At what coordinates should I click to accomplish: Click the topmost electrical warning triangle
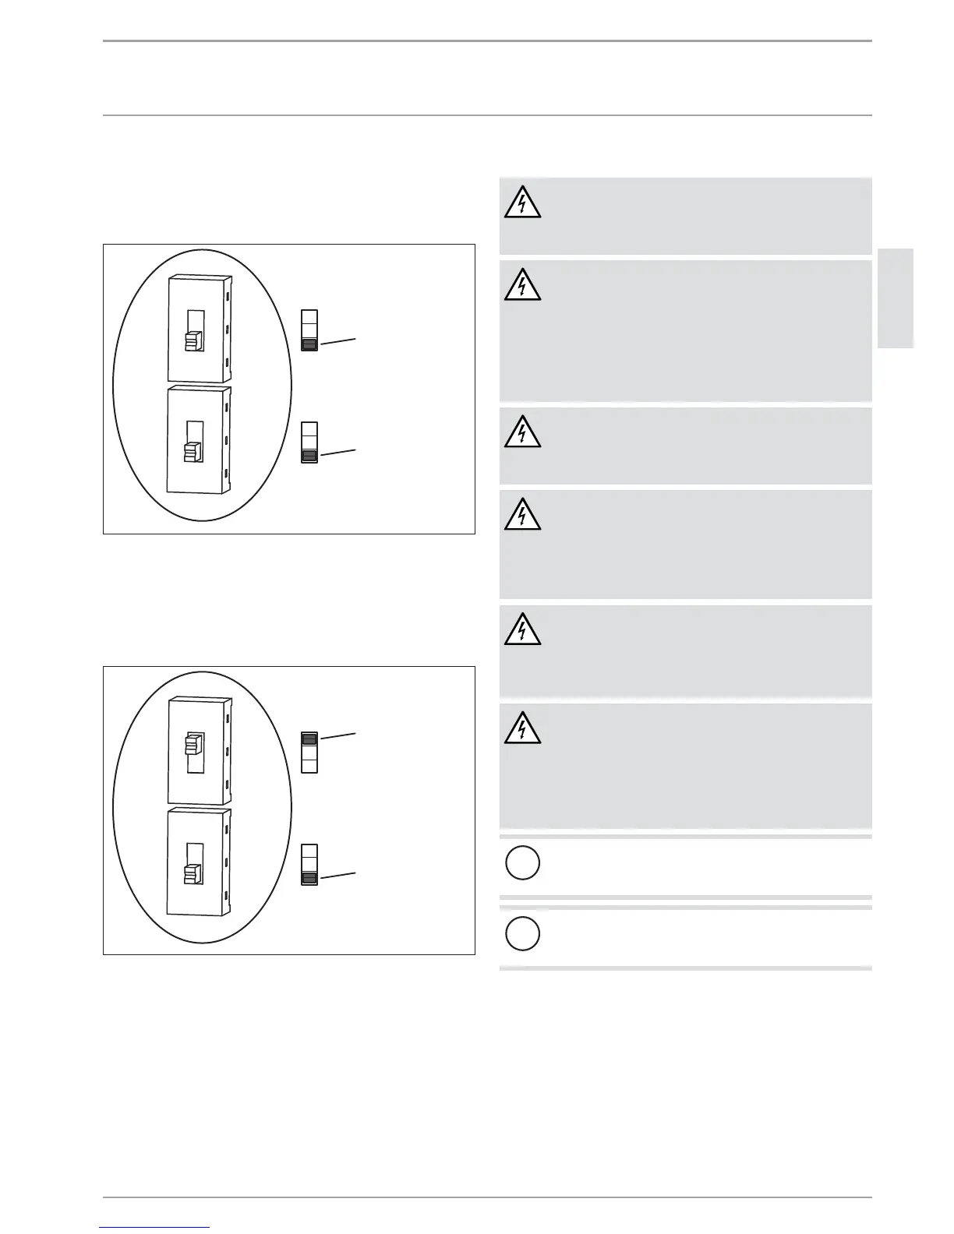[522, 203]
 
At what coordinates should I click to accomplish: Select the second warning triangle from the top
[522, 286]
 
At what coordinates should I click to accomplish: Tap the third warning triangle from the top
[522, 432]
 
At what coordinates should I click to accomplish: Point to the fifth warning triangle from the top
[522, 630]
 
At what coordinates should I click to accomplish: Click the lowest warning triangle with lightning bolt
[522, 728]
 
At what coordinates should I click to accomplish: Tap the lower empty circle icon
[522, 933]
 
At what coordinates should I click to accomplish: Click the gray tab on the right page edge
[896, 298]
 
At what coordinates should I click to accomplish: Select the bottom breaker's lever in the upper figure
[193, 453]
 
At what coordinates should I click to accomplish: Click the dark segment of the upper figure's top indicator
[309, 344]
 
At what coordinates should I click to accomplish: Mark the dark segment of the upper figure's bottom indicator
[309, 456]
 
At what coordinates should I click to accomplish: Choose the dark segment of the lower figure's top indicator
[309, 739]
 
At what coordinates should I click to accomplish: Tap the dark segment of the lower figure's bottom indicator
[309, 878]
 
